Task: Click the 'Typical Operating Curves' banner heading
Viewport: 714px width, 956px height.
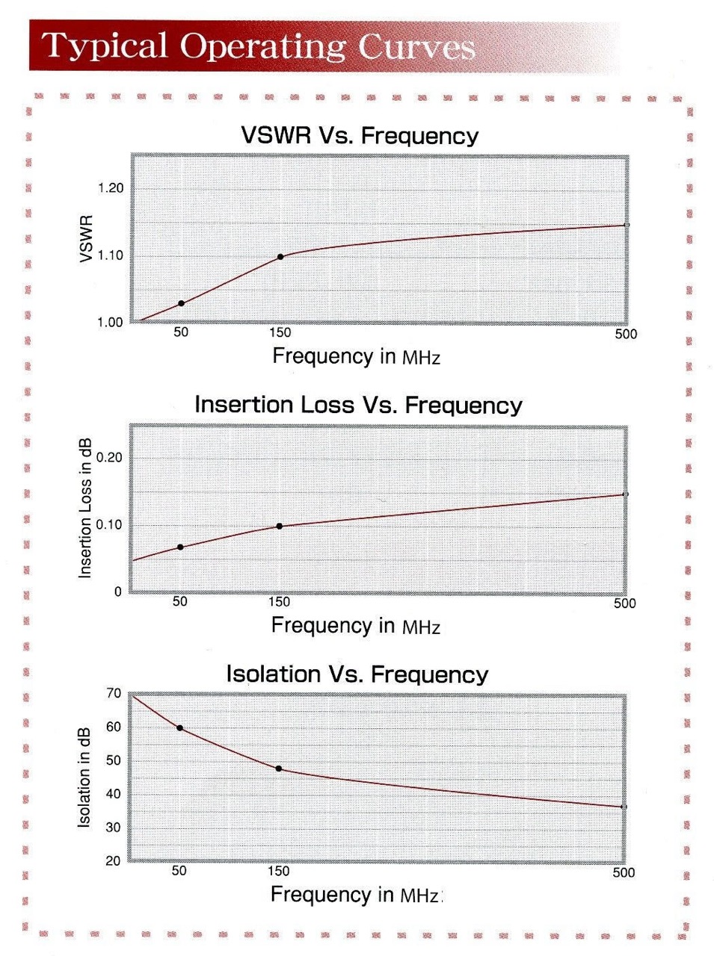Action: (258, 46)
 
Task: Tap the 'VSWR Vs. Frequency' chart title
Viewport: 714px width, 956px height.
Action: (359, 136)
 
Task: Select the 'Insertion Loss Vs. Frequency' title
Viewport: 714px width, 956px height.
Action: (358, 405)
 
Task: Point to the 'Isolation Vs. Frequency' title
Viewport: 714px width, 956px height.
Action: (357, 674)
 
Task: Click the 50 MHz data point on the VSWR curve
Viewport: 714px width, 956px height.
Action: (181, 303)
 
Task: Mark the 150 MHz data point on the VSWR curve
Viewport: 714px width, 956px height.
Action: (280, 257)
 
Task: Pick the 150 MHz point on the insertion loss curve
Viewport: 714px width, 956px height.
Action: (280, 527)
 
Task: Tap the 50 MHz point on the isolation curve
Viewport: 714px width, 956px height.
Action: (179, 728)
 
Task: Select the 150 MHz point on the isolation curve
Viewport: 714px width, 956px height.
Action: (279, 769)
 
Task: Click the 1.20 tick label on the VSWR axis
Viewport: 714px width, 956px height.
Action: (111, 188)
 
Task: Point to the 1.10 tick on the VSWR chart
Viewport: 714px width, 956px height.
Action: (111, 255)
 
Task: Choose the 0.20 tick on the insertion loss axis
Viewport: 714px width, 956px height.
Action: (109, 458)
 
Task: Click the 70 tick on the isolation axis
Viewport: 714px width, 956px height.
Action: (113, 693)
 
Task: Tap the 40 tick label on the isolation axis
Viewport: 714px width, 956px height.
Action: (113, 794)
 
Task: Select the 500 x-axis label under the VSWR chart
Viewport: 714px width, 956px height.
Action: (626, 334)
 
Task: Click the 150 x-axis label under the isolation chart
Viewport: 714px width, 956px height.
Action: (278, 871)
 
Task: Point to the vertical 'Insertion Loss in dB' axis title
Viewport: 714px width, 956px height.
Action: (85, 508)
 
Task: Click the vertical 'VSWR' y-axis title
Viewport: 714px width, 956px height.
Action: (85, 239)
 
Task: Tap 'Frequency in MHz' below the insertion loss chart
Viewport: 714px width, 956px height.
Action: (355, 626)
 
